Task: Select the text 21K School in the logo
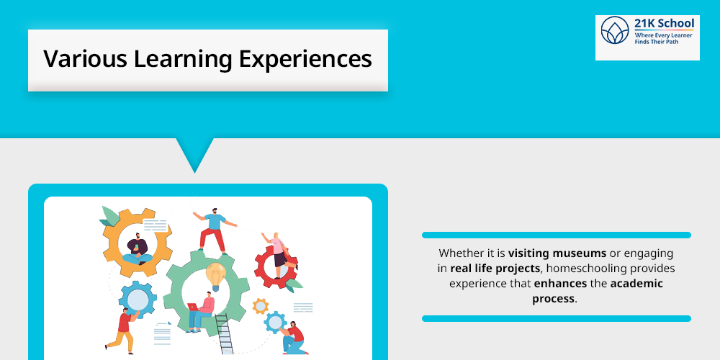pyautogui.click(x=664, y=24)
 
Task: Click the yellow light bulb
pyautogui.click(x=215, y=274)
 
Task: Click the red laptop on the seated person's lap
pyautogui.click(x=194, y=306)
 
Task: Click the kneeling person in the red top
pyautogui.click(x=294, y=337)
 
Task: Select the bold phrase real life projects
pyautogui.click(x=495, y=269)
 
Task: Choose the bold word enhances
pyautogui.click(x=561, y=284)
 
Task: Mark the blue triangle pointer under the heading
pyautogui.click(x=194, y=153)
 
